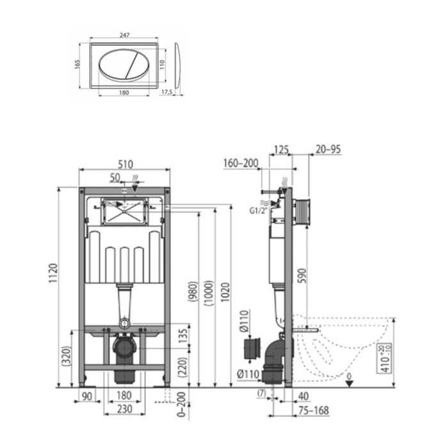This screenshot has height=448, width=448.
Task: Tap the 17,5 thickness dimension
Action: (x=168, y=92)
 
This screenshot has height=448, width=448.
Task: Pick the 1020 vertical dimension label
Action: (x=225, y=298)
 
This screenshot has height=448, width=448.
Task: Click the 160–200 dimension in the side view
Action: (x=240, y=163)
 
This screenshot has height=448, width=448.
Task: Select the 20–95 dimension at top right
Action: (x=328, y=149)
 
